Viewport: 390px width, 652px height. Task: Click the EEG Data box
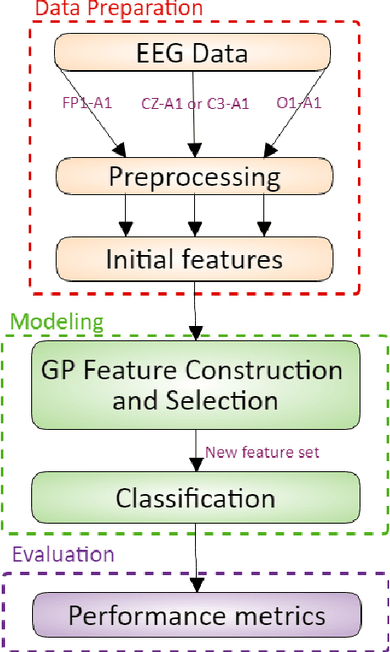coord(193,55)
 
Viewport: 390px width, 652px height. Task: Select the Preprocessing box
coord(193,177)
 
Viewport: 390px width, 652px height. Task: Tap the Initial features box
coord(193,259)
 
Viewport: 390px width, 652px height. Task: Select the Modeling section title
coord(57,322)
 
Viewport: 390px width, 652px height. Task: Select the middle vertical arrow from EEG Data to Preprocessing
coord(196,127)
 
